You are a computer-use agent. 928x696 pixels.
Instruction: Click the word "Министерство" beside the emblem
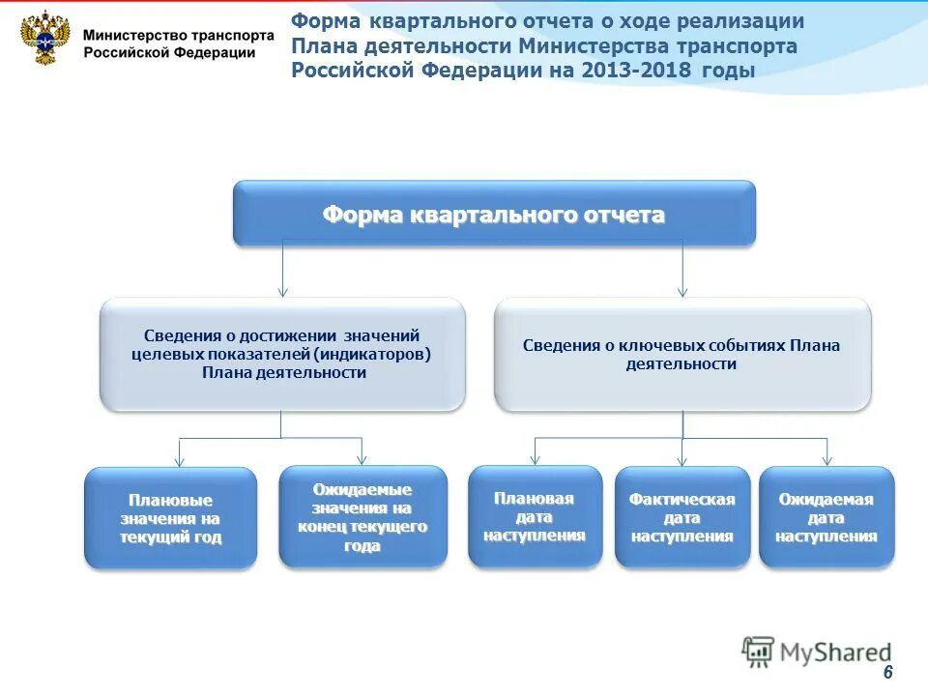click(129, 34)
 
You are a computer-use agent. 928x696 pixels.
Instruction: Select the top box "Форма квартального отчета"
click(493, 214)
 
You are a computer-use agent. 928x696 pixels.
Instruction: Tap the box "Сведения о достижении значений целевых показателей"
click(283, 354)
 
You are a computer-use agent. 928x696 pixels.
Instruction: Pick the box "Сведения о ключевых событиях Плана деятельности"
click(681, 354)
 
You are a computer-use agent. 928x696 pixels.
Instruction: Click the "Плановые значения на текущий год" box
click(171, 518)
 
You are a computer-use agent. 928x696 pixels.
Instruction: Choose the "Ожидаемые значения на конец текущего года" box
click(362, 517)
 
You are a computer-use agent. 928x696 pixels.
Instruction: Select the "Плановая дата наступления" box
click(535, 517)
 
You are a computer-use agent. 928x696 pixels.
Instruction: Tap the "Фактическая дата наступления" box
click(681, 517)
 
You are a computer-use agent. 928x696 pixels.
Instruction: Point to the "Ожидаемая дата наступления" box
click(826, 517)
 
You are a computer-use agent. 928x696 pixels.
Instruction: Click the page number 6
click(887, 673)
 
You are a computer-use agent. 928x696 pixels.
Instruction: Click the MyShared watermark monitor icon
click(758, 652)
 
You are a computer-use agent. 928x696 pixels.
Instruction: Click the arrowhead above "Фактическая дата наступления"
click(681, 461)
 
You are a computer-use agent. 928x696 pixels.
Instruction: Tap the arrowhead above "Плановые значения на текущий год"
click(179, 461)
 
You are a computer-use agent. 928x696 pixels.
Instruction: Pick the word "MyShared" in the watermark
click(835, 652)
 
